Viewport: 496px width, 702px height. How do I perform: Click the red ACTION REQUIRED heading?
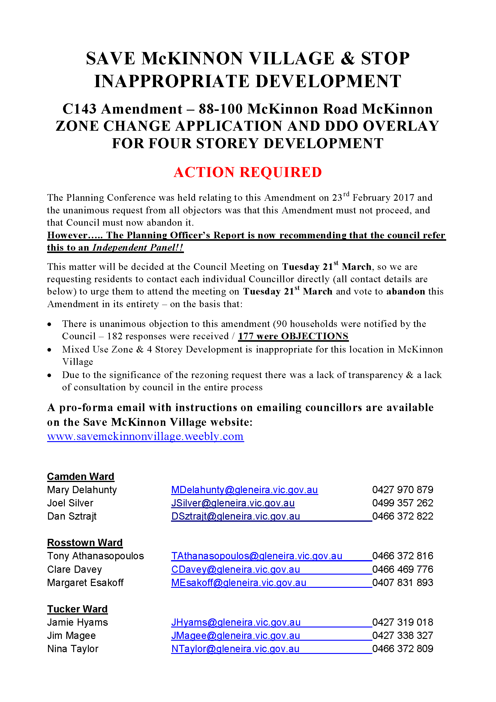248,172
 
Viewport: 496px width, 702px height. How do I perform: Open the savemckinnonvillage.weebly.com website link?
145,436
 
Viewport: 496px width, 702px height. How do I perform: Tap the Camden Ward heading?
81,477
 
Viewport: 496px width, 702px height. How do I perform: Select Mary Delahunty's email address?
244,490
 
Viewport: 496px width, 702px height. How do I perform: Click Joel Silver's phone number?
403,503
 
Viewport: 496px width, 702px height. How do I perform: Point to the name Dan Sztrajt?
72,516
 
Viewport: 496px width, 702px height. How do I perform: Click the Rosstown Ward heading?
85,543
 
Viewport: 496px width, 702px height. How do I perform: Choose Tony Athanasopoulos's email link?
257,556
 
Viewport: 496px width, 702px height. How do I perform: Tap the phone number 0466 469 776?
403,569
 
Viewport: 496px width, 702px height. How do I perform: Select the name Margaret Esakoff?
85,583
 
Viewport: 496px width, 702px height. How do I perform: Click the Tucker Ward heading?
77,609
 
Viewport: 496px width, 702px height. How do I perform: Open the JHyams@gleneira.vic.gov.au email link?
236,622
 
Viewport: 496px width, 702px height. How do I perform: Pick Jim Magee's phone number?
403,635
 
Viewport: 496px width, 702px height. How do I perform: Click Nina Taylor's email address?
235,649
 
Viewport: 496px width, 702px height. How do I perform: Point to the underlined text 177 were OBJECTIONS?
293,336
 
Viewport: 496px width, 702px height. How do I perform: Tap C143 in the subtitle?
80,109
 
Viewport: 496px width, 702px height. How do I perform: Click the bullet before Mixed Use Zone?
50,350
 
